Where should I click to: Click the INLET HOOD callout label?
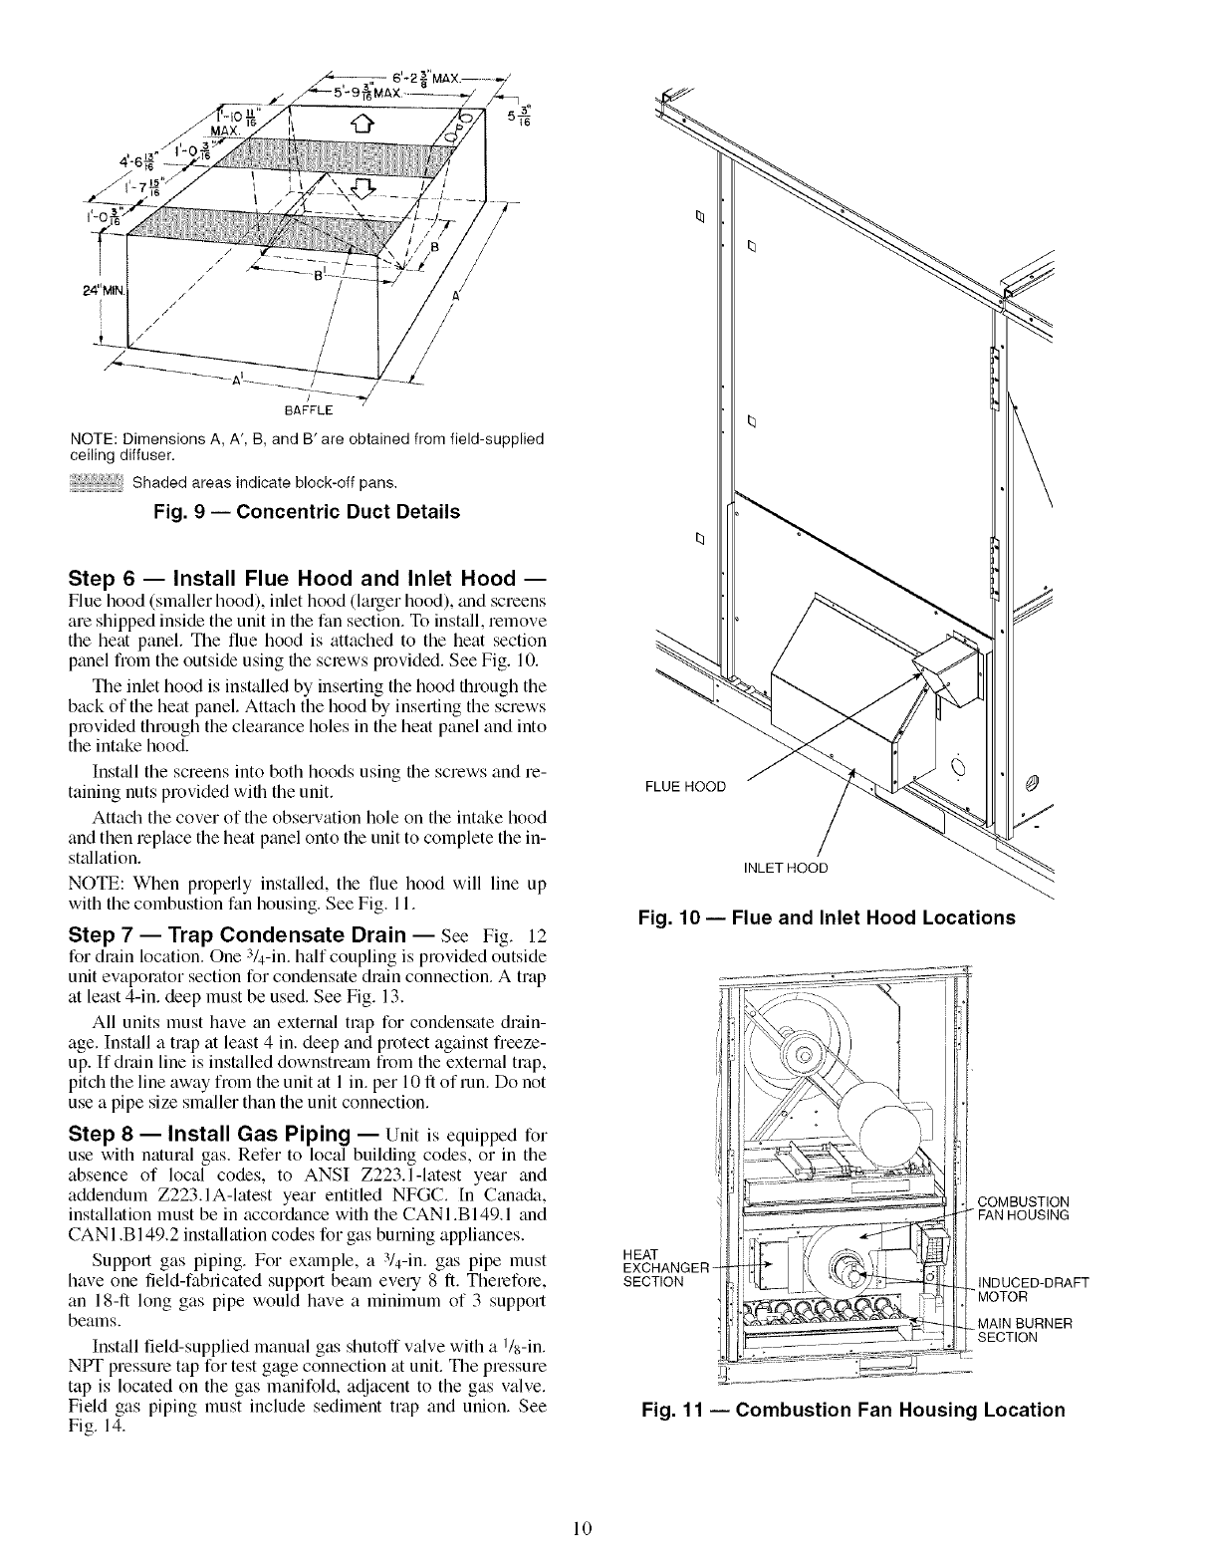click(x=786, y=867)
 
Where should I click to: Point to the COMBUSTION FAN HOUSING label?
click(x=1025, y=1207)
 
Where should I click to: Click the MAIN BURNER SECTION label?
click(x=1026, y=1330)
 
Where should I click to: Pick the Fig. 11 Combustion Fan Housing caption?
click(x=853, y=1410)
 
